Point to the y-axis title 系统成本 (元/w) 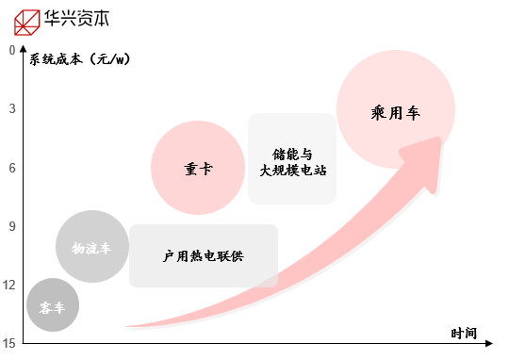coord(79,59)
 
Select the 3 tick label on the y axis coord(12,108)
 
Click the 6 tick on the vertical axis coord(12,168)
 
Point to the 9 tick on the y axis coord(12,226)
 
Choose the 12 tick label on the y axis coord(10,286)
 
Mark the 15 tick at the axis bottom coord(10,344)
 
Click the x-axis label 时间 coord(463,334)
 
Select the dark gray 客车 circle coord(52,306)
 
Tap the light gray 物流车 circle coord(90,247)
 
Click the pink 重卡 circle coord(197,168)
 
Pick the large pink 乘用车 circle coord(395,110)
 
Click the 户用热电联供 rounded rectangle coord(203,255)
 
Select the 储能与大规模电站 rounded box coord(291,158)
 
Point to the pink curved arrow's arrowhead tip coord(440,139)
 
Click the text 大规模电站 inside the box coord(291,171)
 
